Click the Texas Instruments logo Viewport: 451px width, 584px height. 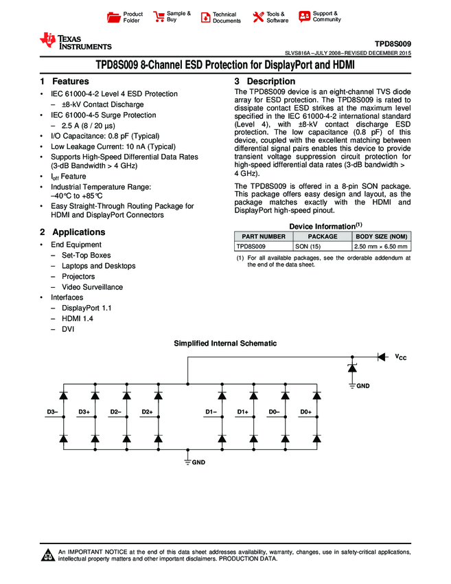75,42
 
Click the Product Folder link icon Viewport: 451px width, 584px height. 115,17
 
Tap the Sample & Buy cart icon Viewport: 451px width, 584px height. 159,17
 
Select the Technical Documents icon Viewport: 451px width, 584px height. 205,17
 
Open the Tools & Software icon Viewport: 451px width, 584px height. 258,17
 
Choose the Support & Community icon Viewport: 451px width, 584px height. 304,16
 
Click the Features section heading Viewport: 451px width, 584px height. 65,82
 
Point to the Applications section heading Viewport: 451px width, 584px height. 72,232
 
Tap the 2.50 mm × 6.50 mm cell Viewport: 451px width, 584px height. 380,246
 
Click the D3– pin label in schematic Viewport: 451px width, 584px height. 52,412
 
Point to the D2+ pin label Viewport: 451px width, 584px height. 146,412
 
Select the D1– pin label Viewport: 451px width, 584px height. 211,412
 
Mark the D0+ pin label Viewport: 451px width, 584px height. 305,412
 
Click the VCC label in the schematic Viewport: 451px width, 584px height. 401,357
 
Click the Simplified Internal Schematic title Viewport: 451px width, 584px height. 225,343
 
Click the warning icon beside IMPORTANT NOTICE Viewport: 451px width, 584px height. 48,555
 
